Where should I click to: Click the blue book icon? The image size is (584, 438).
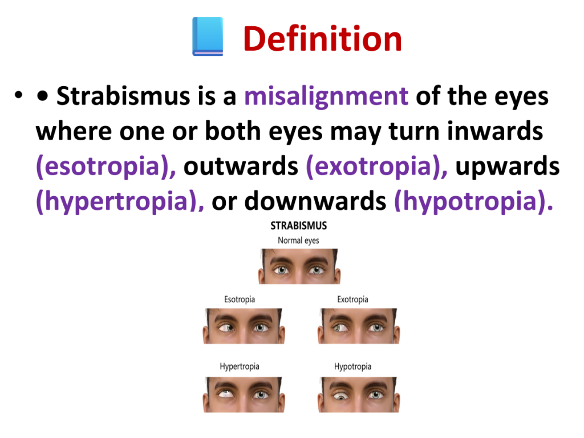208,36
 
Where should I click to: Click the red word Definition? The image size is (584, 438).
323,39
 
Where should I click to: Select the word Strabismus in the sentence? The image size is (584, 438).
123,96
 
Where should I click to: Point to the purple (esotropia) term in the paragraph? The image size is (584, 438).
106,167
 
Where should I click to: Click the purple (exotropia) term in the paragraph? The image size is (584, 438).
376,167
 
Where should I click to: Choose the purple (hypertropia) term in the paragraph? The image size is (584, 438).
120,201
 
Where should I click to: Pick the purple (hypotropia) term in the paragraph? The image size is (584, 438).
473,201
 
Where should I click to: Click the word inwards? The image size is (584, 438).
495,131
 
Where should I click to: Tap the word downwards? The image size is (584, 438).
315,201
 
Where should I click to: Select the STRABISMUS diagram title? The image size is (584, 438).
299,226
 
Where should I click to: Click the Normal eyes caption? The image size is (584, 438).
298,241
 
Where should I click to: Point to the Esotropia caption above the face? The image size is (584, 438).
240,299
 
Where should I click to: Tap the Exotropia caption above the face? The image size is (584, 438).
352,299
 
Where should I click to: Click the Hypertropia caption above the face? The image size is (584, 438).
240,367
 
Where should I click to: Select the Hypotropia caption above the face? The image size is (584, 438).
352,367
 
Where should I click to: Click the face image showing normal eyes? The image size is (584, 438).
299,266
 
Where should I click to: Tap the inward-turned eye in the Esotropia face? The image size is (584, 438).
226,328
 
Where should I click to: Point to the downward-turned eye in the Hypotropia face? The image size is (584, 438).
341,396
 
